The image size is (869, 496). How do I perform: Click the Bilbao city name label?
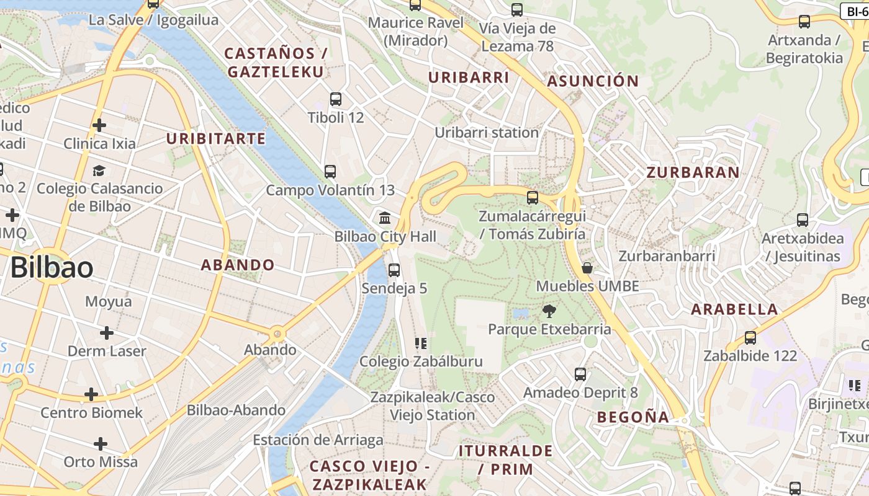click(x=52, y=268)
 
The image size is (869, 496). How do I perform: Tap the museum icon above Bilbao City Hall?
click(x=385, y=218)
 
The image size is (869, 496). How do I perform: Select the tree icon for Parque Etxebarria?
click(x=549, y=311)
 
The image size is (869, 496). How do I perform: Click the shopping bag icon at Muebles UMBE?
click(x=587, y=268)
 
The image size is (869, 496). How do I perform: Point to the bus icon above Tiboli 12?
click(x=336, y=99)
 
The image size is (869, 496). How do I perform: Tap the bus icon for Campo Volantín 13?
click(x=330, y=172)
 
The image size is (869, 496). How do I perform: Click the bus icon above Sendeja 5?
click(x=394, y=270)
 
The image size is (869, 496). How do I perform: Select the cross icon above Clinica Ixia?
click(x=99, y=125)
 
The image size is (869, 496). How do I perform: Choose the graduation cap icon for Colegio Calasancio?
click(x=99, y=170)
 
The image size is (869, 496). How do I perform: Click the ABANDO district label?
click(x=238, y=265)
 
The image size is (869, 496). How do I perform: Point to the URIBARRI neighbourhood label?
click(x=469, y=78)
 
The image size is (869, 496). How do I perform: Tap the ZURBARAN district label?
click(x=693, y=173)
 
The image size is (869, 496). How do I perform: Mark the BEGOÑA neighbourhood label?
click(x=633, y=417)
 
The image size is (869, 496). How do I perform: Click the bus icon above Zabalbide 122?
click(x=750, y=338)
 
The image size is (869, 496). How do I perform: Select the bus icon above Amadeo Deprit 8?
click(x=580, y=374)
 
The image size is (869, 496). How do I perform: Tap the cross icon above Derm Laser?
click(x=107, y=333)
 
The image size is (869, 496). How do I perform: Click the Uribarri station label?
click(x=487, y=133)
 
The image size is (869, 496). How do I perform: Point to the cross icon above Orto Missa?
click(x=101, y=444)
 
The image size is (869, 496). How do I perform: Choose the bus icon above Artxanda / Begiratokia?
click(x=804, y=22)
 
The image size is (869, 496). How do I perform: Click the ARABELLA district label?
click(x=734, y=309)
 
